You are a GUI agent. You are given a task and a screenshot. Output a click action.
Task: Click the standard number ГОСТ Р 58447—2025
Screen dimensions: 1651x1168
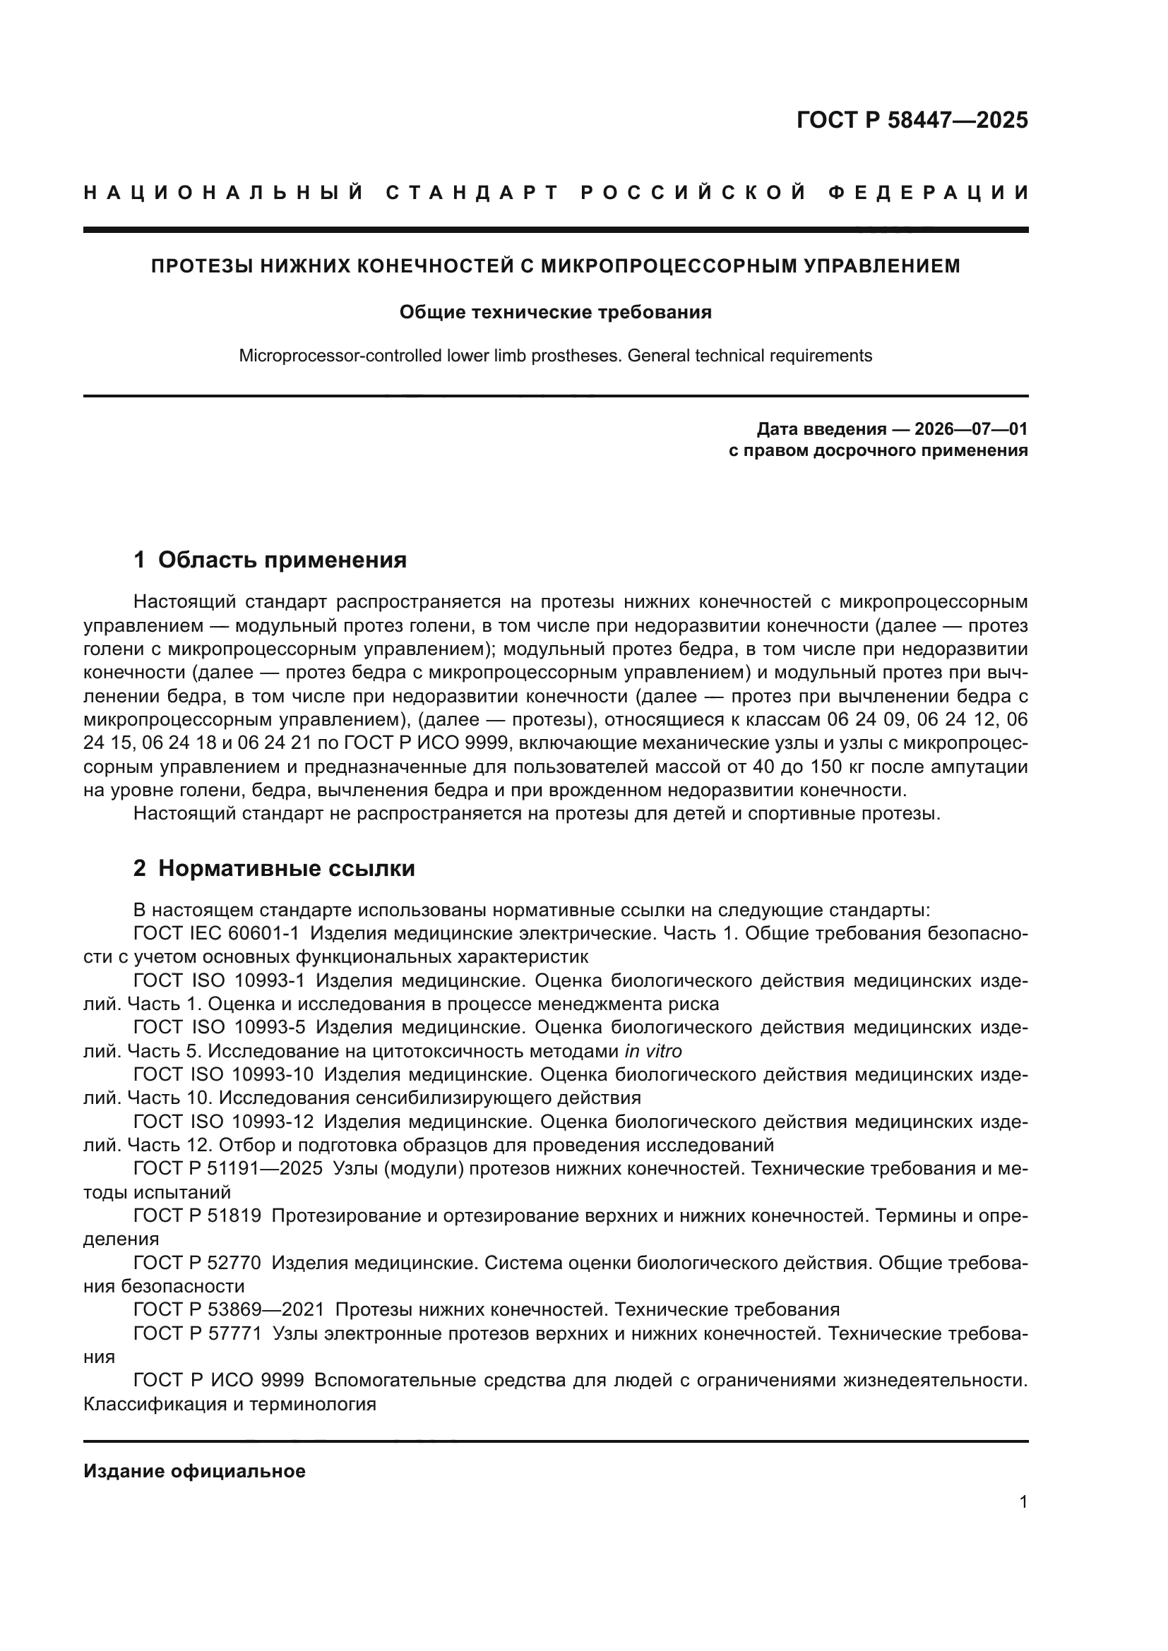pyautogui.click(x=912, y=120)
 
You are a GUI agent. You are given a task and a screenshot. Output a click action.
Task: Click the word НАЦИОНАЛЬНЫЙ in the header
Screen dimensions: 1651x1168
pyautogui.click(x=224, y=193)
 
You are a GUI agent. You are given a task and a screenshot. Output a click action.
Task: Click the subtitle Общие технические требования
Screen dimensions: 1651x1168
pyautogui.click(x=555, y=312)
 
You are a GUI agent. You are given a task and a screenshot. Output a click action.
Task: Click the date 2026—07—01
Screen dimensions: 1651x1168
pyautogui.click(x=971, y=429)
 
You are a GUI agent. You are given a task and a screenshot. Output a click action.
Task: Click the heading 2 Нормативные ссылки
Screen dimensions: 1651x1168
pyautogui.click(x=274, y=868)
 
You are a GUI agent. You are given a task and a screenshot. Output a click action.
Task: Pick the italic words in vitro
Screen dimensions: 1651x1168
pyautogui.click(x=653, y=1051)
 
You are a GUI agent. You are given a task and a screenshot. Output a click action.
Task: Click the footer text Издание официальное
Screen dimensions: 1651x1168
pyautogui.click(x=194, y=1470)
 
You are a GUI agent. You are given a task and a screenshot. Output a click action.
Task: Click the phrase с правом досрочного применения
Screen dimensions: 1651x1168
pyautogui.click(x=878, y=451)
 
